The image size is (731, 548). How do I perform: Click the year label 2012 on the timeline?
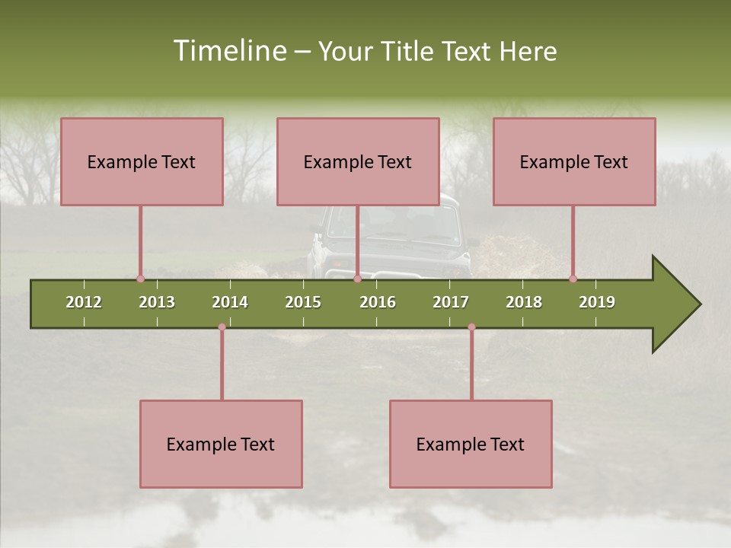tap(84, 302)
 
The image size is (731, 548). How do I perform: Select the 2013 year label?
tap(157, 302)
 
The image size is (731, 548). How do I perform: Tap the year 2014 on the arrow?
tap(230, 302)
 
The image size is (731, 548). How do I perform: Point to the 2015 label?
tap(303, 302)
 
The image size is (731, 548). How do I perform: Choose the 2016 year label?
tap(378, 302)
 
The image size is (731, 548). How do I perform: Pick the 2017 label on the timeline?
tap(451, 302)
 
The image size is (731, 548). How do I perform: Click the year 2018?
tap(524, 302)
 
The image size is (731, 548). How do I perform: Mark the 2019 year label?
tap(597, 302)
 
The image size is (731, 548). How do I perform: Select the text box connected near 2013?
tap(142, 161)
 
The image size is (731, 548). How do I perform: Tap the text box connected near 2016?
tap(358, 161)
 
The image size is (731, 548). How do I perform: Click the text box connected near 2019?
tap(574, 161)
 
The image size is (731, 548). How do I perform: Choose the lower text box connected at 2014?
tap(221, 444)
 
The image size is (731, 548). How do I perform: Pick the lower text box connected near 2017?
tap(471, 444)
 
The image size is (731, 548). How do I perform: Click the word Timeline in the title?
tap(229, 51)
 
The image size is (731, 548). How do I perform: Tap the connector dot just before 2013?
tap(140, 279)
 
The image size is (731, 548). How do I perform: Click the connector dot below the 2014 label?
tap(222, 327)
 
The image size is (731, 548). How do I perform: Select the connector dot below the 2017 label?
tap(471, 327)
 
